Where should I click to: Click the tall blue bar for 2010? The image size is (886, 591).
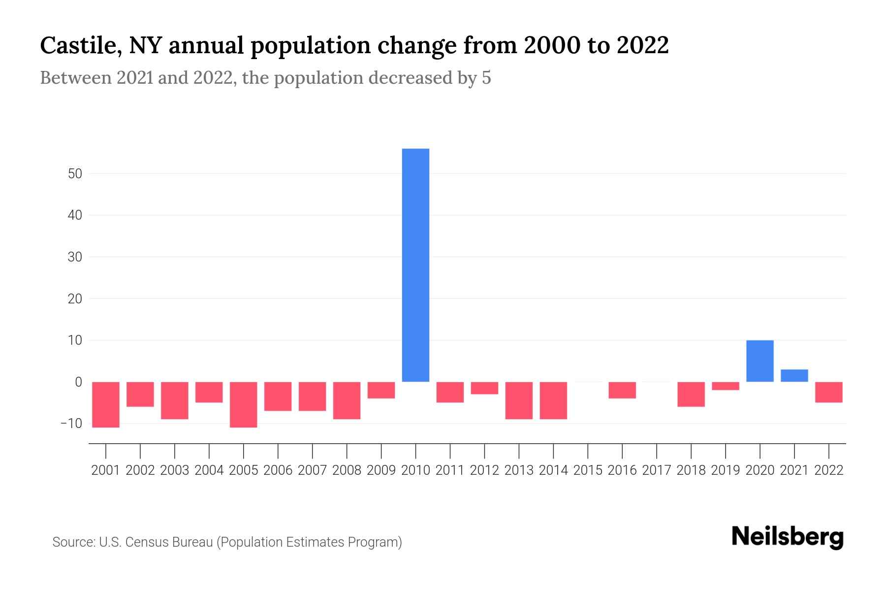coord(415,265)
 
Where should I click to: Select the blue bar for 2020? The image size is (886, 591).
coord(759,361)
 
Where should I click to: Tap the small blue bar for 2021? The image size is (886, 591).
coord(794,375)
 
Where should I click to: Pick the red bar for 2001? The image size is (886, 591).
coord(106,404)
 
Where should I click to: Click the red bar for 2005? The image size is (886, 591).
coord(244,404)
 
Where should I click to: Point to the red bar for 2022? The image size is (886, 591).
coord(828,392)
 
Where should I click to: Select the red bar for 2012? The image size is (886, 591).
coord(484,388)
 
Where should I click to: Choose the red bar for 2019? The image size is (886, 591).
coord(725,386)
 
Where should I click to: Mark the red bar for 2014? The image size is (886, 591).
coord(553,400)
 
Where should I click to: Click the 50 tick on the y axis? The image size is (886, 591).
coord(75,174)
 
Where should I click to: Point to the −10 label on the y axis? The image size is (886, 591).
coord(71,424)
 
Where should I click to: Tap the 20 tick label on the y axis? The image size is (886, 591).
coord(75,299)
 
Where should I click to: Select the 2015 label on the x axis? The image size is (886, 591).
coord(588,470)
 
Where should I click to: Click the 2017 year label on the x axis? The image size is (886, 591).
coord(657,470)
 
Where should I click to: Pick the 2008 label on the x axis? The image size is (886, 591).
coord(347,470)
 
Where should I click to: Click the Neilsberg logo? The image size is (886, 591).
coord(788,537)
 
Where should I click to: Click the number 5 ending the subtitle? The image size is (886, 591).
coord(486,78)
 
